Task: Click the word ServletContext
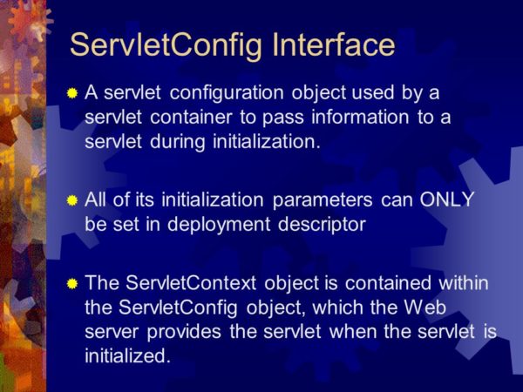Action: (184, 283)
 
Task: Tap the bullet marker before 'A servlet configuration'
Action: (72, 93)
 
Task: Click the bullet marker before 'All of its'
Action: (72, 199)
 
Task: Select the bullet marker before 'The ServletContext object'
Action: (72, 283)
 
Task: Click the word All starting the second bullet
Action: (96, 199)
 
